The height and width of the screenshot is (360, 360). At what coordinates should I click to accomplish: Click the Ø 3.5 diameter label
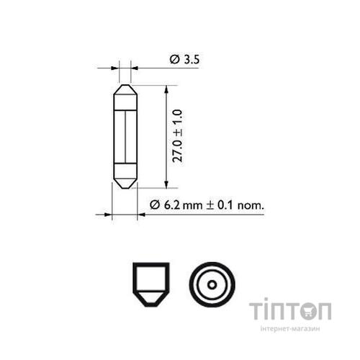pyautogui.click(x=184, y=60)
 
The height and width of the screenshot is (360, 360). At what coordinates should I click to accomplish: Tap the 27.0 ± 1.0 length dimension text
pyautogui.click(x=177, y=135)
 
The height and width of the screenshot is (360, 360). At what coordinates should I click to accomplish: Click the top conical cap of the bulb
pyautogui.click(x=125, y=94)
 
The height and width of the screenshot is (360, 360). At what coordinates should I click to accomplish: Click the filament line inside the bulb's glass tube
pyautogui.click(x=125, y=137)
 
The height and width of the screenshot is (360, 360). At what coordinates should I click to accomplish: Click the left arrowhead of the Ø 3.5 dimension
pyautogui.click(x=114, y=68)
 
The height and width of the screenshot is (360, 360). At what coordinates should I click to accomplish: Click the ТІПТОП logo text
pyautogui.click(x=290, y=312)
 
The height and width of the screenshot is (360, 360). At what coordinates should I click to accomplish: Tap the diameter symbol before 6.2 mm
pyautogui.click(x=154, y=205)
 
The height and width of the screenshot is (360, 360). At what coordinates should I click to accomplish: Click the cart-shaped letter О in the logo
pyautogui.click(x=317, y=312)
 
